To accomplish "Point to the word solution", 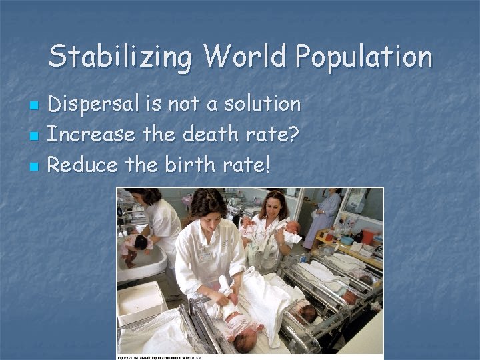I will pos(262,104).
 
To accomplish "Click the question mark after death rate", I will pos(293,135).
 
